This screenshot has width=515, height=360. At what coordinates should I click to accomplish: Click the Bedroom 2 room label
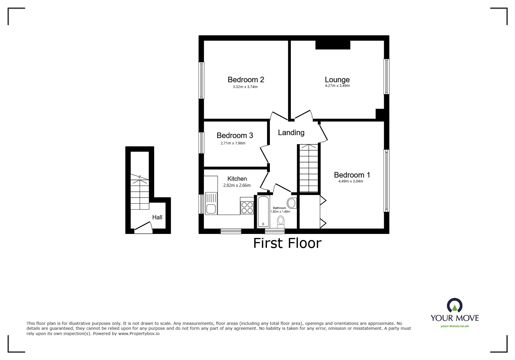(246, 80)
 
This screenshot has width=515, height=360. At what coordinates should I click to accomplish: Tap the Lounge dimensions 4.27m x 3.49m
(337, 86)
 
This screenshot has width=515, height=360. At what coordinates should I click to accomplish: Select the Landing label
(291, 133)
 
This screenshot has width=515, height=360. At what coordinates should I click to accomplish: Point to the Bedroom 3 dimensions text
(233, 143)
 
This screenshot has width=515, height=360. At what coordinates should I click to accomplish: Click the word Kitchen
(237, 179)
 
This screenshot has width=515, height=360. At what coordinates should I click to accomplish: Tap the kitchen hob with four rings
(247, 206)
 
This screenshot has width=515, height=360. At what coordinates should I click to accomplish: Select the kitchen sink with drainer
(211, 203)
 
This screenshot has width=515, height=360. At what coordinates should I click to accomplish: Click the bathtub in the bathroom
(263, 211)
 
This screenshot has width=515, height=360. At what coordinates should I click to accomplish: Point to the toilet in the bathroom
(281, 222)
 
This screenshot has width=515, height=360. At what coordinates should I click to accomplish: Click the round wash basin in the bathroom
(292, 203)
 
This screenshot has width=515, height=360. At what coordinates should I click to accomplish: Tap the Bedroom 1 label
(352, 175)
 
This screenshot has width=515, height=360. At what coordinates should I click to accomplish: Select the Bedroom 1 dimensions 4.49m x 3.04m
(351, 181)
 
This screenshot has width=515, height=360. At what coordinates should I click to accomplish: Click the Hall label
(157, 217)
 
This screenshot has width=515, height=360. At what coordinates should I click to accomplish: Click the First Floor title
(287, 243)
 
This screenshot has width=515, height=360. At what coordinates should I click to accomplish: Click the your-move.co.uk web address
(455, 326)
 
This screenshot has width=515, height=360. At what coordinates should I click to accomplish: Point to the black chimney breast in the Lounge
(333, 45)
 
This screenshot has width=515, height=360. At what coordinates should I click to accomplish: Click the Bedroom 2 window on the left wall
(201, 80)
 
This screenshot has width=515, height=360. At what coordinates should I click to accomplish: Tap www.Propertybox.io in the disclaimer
(139, 334)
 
